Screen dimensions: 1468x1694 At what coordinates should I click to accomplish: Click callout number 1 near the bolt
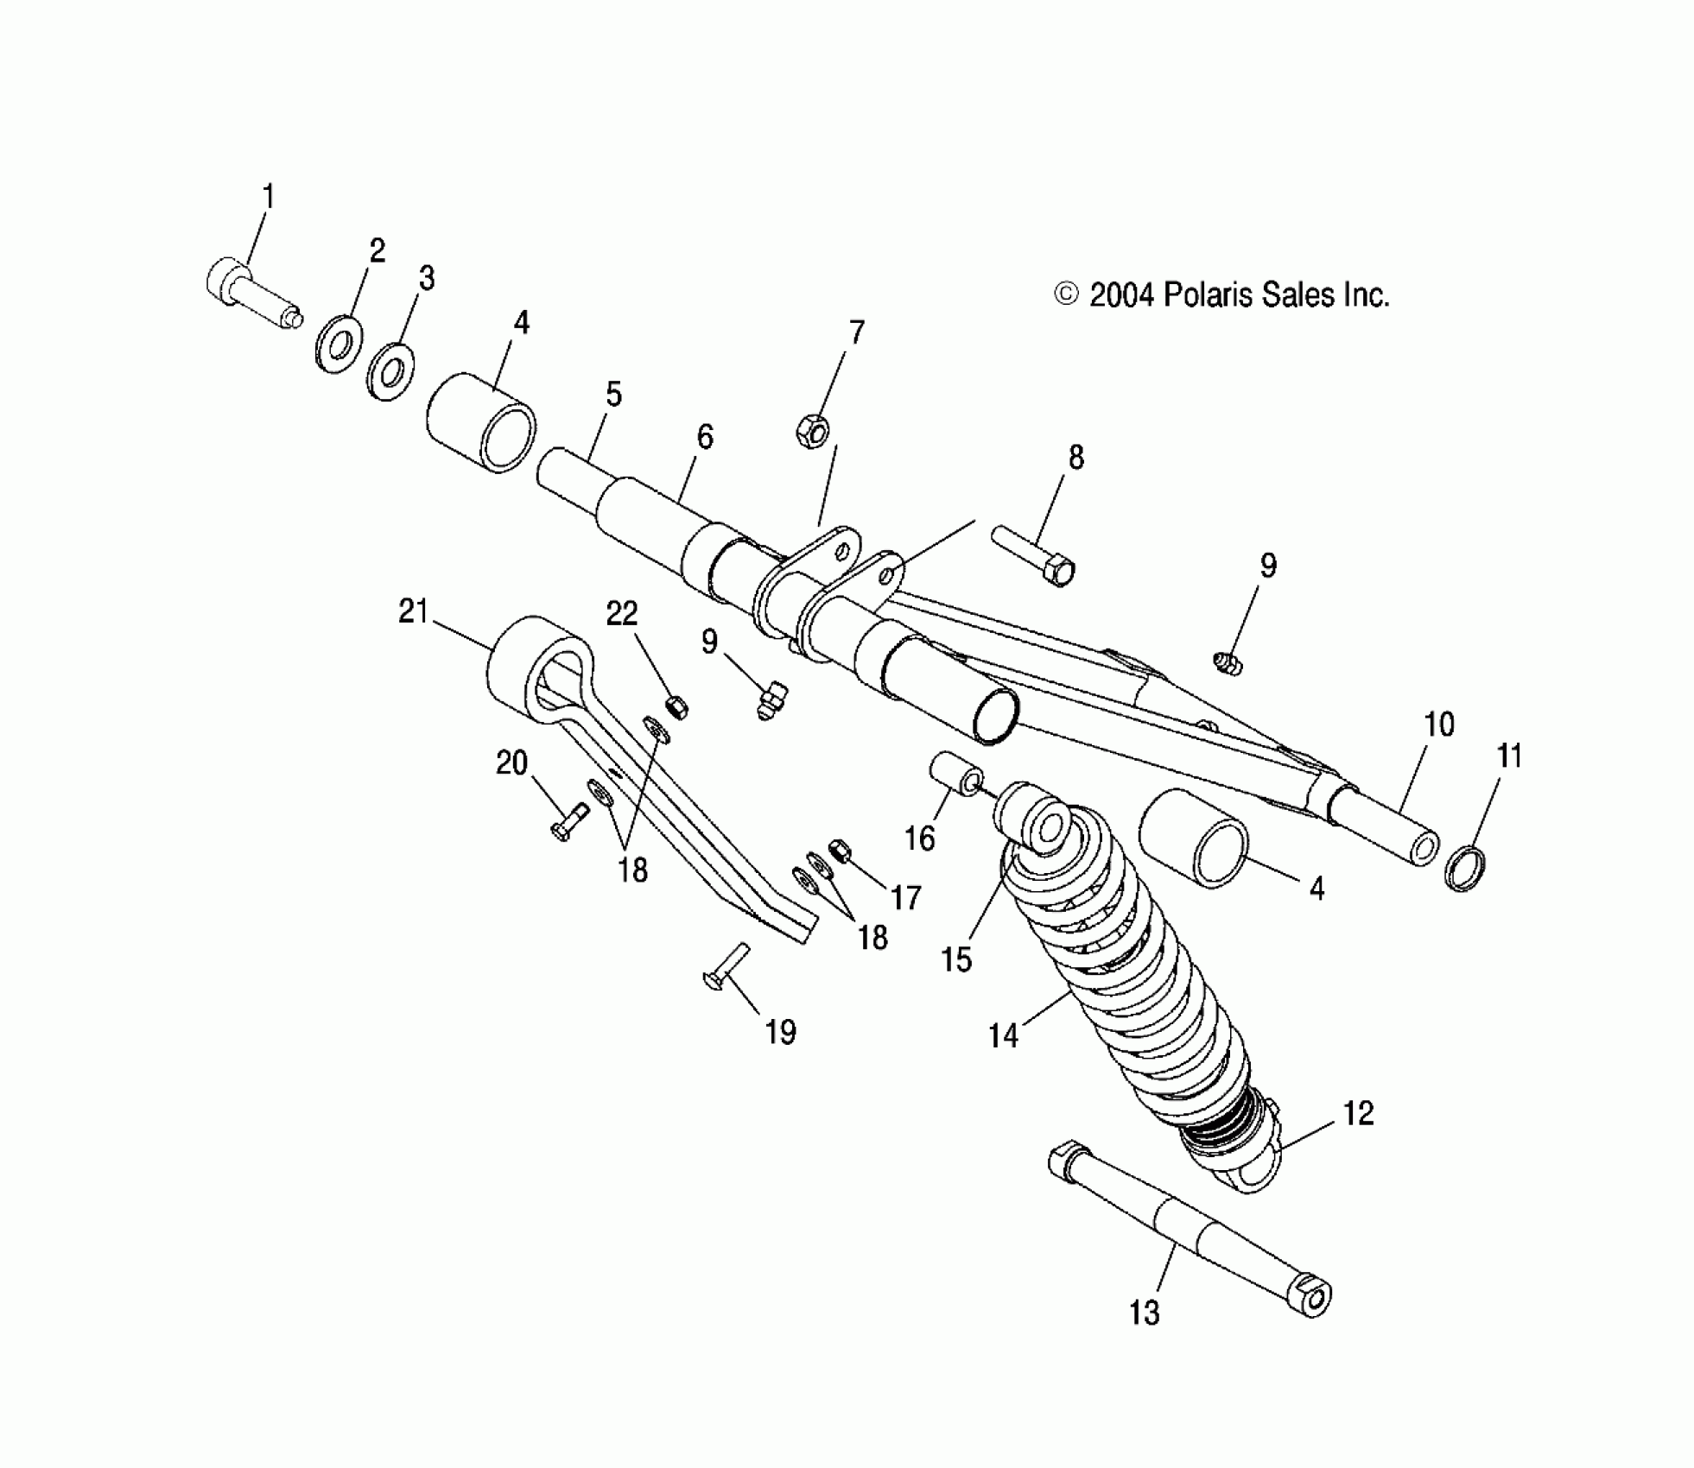click(268, 198)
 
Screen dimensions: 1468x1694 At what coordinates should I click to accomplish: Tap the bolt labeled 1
click(251, 297)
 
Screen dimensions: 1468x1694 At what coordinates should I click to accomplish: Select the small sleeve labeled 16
click(955, 776)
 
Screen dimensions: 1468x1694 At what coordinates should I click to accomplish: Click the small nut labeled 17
click(839, 850)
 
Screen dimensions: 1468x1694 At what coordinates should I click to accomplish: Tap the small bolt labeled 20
click(568, 821)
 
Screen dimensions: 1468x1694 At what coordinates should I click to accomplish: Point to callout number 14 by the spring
click(1004, 1035)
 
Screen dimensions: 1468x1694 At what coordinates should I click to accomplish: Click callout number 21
click(414, 612)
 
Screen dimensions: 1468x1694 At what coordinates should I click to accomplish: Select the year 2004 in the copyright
click(1121, 295)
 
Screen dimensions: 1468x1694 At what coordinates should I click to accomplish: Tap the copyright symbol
click(1067, 295)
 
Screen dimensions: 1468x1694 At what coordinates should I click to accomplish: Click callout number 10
click(1438, 724)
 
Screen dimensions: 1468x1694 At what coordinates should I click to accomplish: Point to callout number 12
click(1358, 1113)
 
